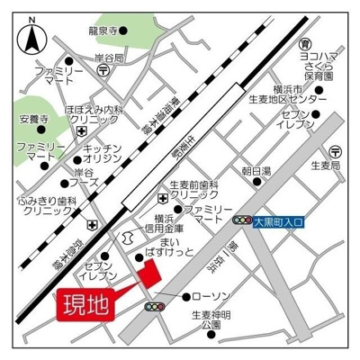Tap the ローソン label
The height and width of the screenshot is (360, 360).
[212, 296]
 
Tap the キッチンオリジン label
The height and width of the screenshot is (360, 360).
[102, 152]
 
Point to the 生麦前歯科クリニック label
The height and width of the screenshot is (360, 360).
[194, 190]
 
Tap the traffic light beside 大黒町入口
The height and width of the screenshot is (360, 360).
[240, 220]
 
